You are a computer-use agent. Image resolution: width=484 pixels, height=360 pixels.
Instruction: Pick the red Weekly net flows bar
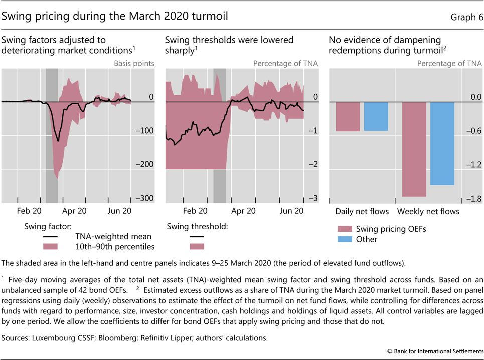414,149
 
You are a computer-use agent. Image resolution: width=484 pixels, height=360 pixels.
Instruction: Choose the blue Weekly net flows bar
442,143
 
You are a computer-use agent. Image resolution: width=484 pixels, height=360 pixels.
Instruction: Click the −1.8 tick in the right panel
472,199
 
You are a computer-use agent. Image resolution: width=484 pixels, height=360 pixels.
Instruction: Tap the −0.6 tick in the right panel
472,131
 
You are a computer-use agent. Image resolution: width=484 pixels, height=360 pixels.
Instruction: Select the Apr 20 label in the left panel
75,211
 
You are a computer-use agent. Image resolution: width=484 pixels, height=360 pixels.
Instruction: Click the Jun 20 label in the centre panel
291,211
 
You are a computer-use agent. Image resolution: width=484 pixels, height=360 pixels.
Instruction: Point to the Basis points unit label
134,64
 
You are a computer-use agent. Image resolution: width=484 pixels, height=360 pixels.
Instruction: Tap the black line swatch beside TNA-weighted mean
50,236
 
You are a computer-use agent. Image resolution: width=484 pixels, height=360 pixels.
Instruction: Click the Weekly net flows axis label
428,211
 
